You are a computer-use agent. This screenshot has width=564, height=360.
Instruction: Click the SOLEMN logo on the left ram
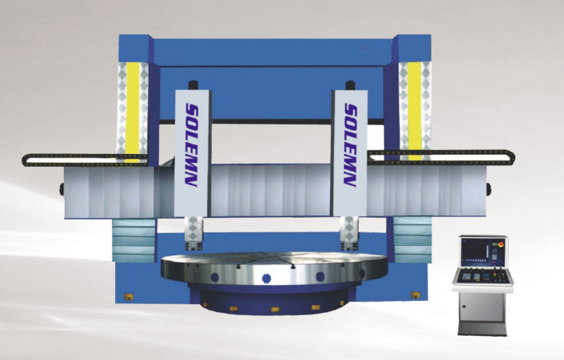192,145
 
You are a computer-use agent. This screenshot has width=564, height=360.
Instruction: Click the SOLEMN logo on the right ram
350,145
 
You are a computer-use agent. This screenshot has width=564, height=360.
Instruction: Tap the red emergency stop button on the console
500,244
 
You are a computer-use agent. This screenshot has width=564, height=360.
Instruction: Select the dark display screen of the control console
475,252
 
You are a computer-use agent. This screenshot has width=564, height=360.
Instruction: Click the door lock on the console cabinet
464,307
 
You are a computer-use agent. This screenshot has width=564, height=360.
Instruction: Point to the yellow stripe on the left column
133,111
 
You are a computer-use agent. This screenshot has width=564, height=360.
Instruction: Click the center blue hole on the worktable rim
267,278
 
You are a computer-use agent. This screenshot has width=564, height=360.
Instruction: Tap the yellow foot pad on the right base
415,295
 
